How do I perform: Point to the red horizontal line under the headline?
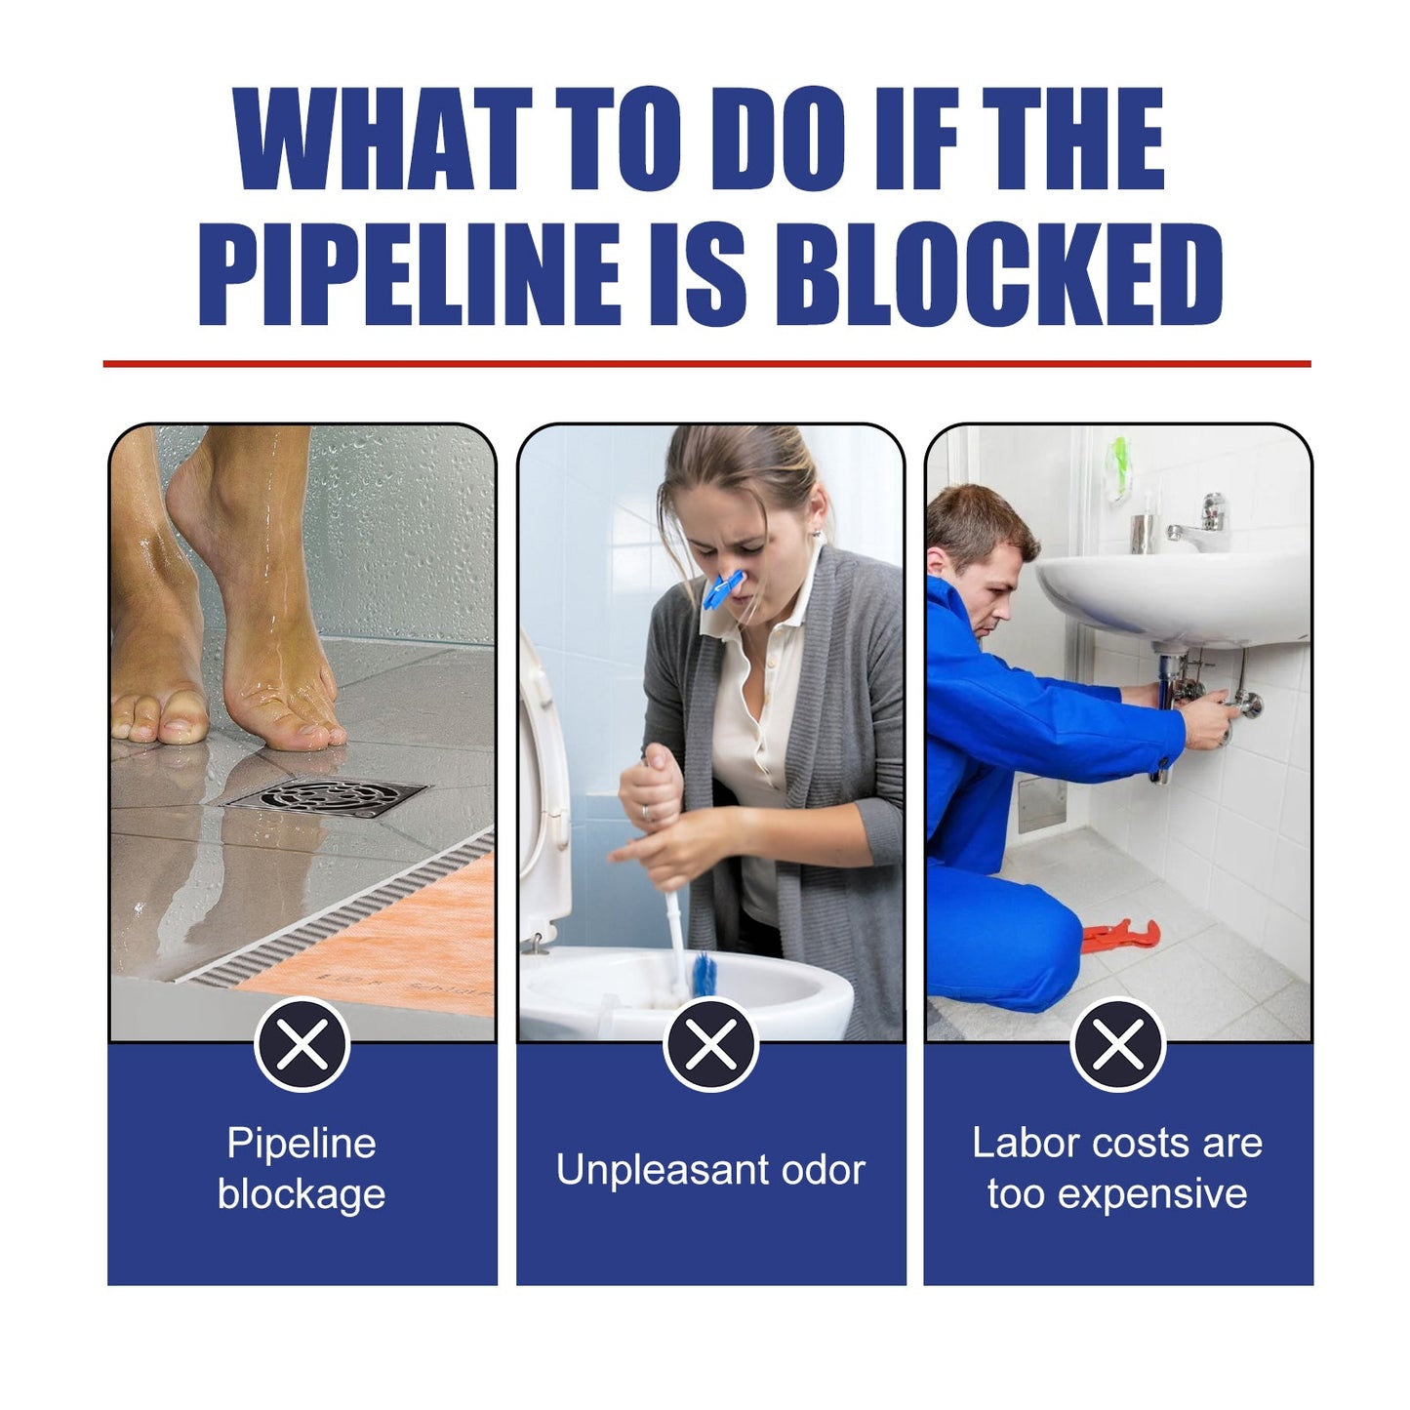705,364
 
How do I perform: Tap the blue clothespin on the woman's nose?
722,588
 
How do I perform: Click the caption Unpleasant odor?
710,1170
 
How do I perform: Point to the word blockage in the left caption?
302,1194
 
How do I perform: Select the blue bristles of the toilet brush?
704,975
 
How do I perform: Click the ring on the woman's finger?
646,812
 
